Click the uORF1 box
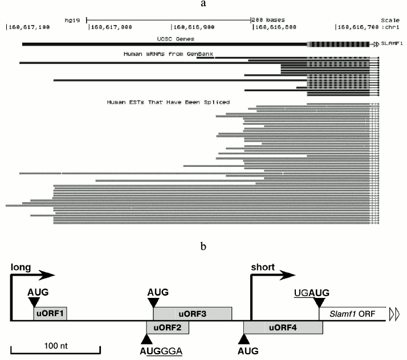coord(50,314)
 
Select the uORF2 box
coord(168,329)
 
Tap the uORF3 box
coord(192,314)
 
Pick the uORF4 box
coord(283,329)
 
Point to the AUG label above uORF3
coord(158,292)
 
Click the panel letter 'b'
coord(203,247)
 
